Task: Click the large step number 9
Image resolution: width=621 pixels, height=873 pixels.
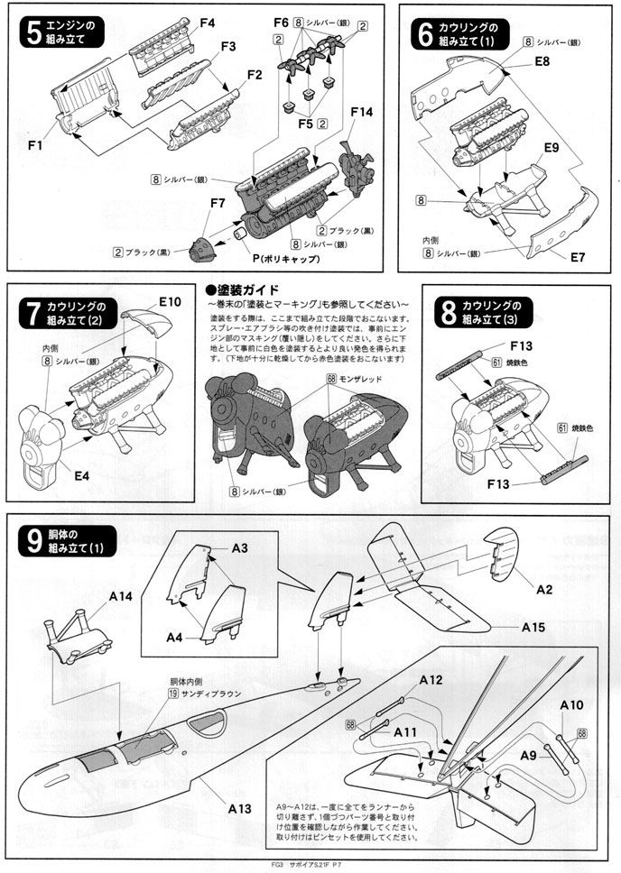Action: tap(33, 543)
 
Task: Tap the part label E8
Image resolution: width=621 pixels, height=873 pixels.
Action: tap(542, 60)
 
